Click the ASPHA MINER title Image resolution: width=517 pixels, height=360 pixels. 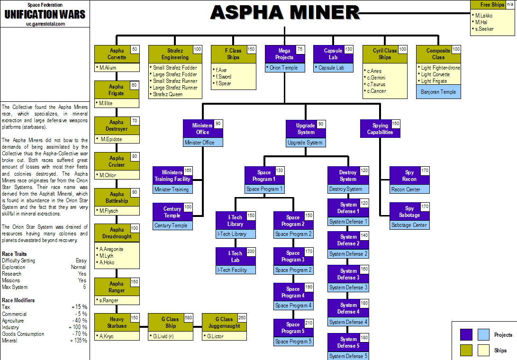click(285, 12)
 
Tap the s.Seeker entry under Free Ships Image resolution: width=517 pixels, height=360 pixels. click(483, 29)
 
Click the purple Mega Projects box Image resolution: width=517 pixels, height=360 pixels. click(284, 54)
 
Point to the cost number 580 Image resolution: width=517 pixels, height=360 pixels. click(189, 318)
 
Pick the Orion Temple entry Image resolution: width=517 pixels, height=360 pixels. click(284, 68)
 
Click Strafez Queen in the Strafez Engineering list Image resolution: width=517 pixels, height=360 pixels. click(167, 94)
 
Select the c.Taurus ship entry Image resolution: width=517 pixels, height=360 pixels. click(376, 84)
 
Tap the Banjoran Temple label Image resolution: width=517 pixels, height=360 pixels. click(438, 92)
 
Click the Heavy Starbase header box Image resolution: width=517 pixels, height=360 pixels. click(117, 323)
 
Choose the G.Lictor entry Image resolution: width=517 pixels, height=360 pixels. click(218, 336)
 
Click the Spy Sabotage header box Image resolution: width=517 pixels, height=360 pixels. click(409, 212)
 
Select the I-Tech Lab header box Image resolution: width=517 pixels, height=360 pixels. click(235, 257)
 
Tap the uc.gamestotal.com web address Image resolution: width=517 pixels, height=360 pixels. click(45, 24)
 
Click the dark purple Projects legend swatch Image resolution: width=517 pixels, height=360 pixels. click(466, 335)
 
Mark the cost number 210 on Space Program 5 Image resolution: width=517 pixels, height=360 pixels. click(308, 324)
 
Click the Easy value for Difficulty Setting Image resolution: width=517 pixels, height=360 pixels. click(81, 261)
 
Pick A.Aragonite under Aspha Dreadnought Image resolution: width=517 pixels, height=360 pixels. click(111, 249)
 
